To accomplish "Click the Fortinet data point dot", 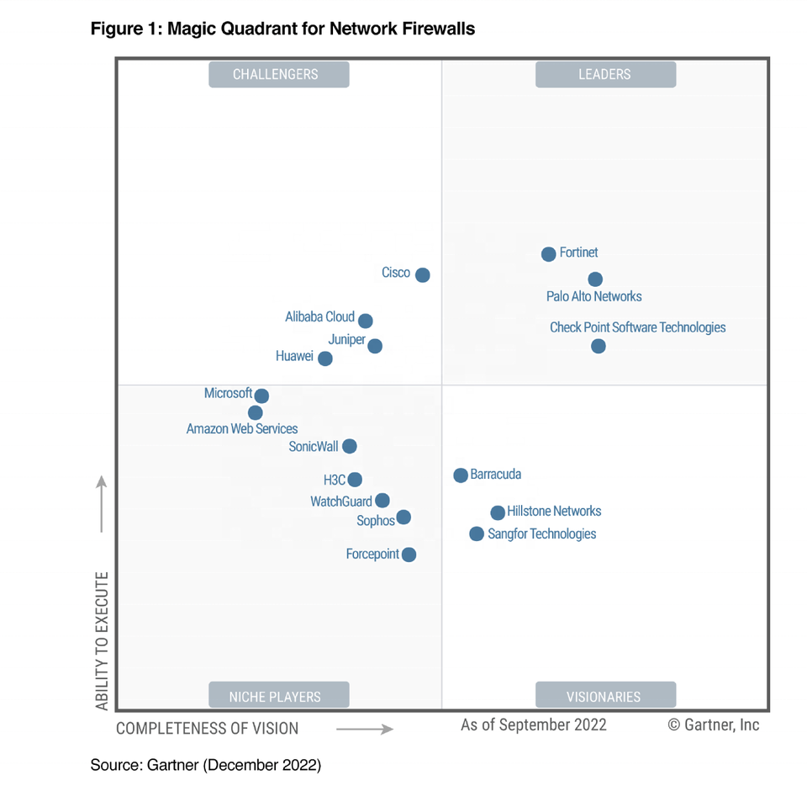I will pyautogui.click(x=548, y=254).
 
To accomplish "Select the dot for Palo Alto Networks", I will pyautogui.click(x=595, y=279).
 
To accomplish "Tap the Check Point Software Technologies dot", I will pyautogui.click(x=598, y=346).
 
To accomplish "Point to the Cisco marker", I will pyautogui.click(x=423, y=275).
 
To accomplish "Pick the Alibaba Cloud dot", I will pyautogui.click(x=365, y=321).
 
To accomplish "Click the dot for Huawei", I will pyautogui.click(x=325, y=358).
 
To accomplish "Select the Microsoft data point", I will pyautogui.click(x=261, y=395).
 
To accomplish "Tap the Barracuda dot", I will pyautogui.click(x=461, y=475).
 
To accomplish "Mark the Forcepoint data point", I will pyautogui.click(x=409, y=555).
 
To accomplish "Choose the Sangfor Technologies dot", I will pyautogui.click(x=477, y=534).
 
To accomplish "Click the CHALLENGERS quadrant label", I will pyautogui.click(x=278, y=74).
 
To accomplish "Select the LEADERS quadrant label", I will pyautogui.click(x=605, y=74).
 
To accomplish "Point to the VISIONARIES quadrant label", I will pyautogui.click(x=605, y=696).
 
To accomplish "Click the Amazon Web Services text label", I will pyautogui.click(x=242, y=429).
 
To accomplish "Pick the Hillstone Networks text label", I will pyautogui.click(x=554, y=512).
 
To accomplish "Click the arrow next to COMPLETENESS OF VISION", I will pyautogui.click(x=365, y=729).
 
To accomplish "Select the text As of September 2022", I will pyautogui.click(x=534, y=725).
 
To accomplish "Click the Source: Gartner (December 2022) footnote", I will pyautogui.click(x=206, y=766).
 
